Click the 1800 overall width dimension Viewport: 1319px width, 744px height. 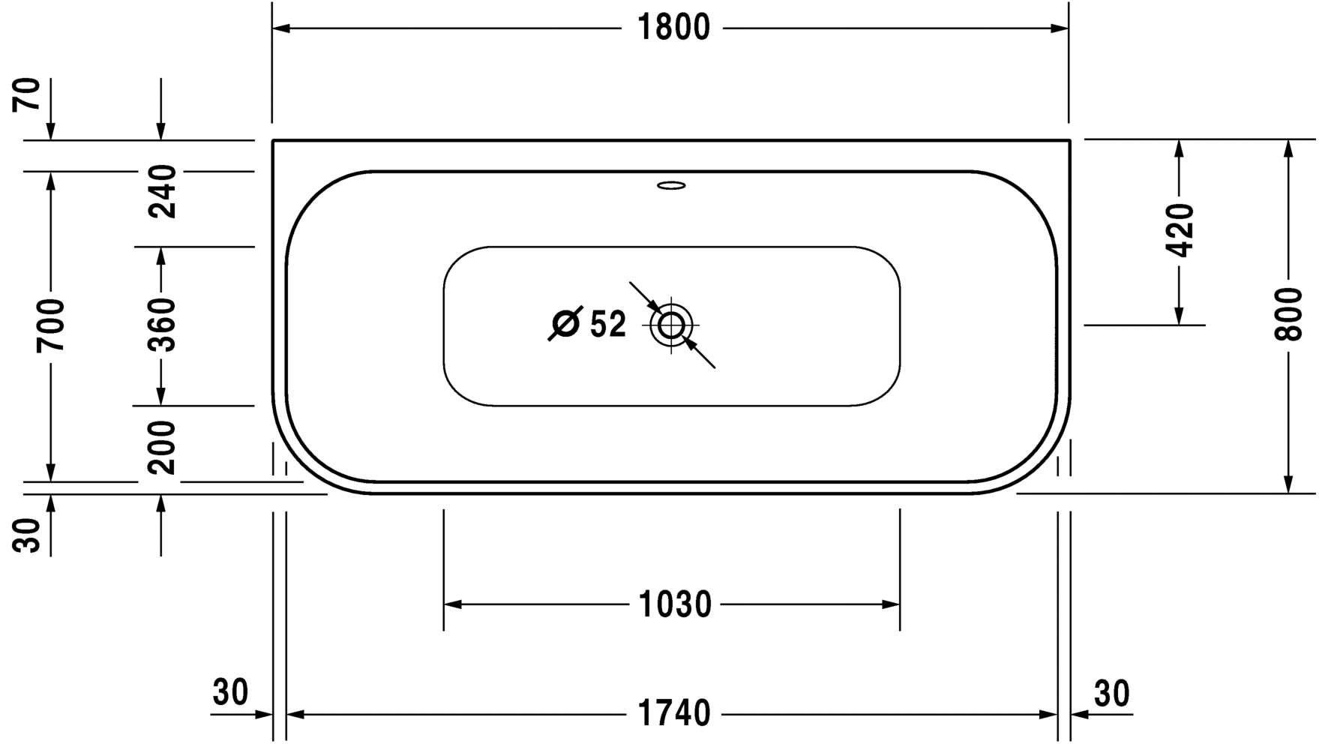(673, 28)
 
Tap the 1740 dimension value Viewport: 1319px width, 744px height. (673, 713)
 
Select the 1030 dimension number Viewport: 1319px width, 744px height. (674, 604)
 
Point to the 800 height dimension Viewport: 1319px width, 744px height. (1288, 313)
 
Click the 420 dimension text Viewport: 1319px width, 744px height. (1180, 229)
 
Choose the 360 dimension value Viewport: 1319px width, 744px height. (161, 325)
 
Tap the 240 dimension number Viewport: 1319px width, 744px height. (161, 192)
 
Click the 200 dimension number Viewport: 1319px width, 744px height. (161, 447)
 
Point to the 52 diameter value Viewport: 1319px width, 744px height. (607, 325)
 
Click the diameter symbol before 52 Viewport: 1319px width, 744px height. (565, 324)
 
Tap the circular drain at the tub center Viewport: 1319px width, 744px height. (671, 325)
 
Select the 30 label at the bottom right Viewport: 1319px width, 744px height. (1111, 694)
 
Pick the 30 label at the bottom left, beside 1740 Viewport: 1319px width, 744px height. (230, 692)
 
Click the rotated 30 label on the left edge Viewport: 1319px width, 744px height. (28, 535)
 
